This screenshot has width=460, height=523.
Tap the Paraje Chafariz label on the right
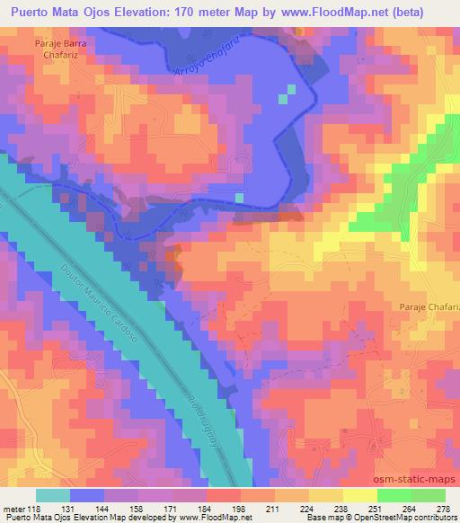[427, 307]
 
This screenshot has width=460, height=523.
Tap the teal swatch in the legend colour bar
[53, 495]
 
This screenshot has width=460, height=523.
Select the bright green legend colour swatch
[395, 495]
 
